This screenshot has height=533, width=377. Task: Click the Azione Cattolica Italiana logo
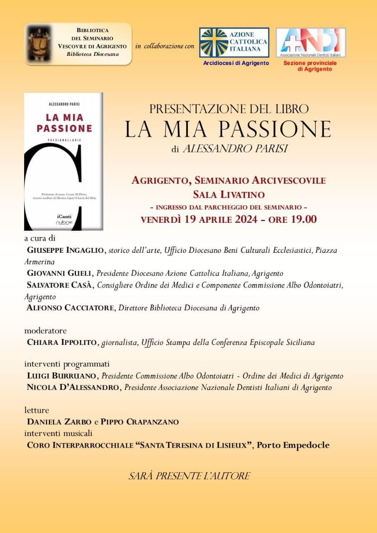[x=234, y=42]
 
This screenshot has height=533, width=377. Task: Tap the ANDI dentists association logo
[x=310, y=42]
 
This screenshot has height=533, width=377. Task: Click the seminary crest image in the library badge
[x=39, y=44]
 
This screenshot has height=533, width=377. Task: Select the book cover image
[x=63, y=162]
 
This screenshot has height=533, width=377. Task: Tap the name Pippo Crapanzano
[x=140, y=422]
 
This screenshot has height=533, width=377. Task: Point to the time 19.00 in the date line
[x=304, y=219]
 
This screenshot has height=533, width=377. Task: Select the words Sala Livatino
[x=229, y=194]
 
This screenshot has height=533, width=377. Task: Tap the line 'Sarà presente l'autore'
[x=189, y=476]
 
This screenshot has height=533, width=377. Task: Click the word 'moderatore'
[x=45, y=331]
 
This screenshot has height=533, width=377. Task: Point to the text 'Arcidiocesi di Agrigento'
[x=236, y=63]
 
